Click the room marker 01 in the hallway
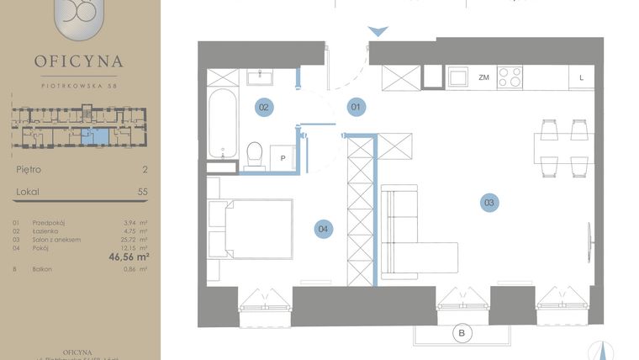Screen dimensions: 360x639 356,107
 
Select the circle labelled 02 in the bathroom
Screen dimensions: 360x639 263,107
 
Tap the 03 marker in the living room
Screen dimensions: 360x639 488,202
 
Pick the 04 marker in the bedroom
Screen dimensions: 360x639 323,227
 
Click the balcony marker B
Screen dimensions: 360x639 461,334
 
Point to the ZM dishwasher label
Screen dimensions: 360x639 483,77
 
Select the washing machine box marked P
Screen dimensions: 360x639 283,157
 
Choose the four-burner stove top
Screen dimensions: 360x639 510,77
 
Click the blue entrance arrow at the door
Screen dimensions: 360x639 379,31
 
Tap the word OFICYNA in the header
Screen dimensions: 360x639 78,61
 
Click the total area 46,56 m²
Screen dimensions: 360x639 124,257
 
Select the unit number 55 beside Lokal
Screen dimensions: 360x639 142,192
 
